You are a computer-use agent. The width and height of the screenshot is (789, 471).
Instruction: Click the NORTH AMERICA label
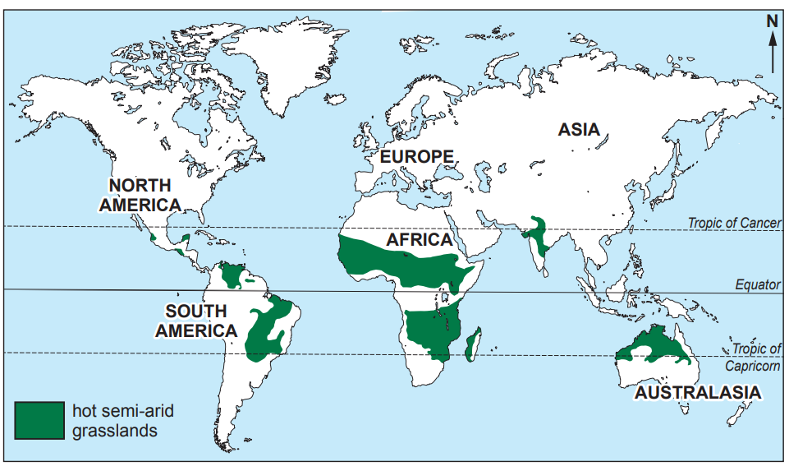click(140, 196)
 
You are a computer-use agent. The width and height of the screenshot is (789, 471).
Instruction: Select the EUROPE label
click(416, 156)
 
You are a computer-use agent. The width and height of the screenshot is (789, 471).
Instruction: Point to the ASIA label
click(579, 130)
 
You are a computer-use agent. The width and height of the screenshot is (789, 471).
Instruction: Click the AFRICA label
click(420, 240)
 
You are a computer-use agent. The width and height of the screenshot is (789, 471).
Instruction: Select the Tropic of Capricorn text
click(753, 357)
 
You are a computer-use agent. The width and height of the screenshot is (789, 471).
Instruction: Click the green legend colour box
click(39, 420)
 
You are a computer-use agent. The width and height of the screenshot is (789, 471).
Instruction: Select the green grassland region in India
click(539, 238)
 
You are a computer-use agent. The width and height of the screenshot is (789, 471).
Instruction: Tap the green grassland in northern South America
click(236, 275)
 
